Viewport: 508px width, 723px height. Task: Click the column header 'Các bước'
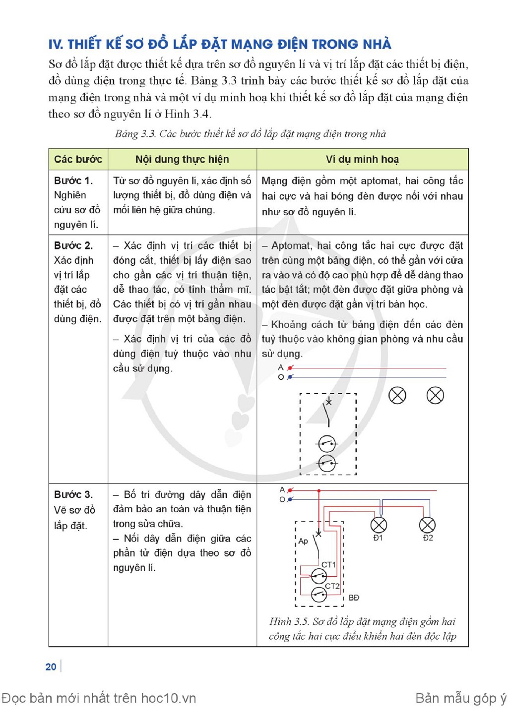[78, 160]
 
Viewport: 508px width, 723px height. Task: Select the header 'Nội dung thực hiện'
[182, 160]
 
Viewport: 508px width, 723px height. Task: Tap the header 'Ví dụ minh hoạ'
[362, 160]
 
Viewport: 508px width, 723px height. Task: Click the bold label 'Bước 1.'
[73, 181]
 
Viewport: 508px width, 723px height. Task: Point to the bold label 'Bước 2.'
[73, 245]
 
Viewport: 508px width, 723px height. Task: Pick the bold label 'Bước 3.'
[73, 494]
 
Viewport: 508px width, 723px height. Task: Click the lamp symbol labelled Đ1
[379, 525]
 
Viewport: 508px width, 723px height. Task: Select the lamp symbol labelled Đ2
[427, 525]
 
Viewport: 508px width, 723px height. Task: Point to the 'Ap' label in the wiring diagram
[303, 542]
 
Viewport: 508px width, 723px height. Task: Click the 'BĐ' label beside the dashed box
[354, 598]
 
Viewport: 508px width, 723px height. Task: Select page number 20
[51, 667]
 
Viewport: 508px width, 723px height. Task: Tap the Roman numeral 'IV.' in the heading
[56, 45]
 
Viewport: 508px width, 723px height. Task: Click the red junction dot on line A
[319, 490]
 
